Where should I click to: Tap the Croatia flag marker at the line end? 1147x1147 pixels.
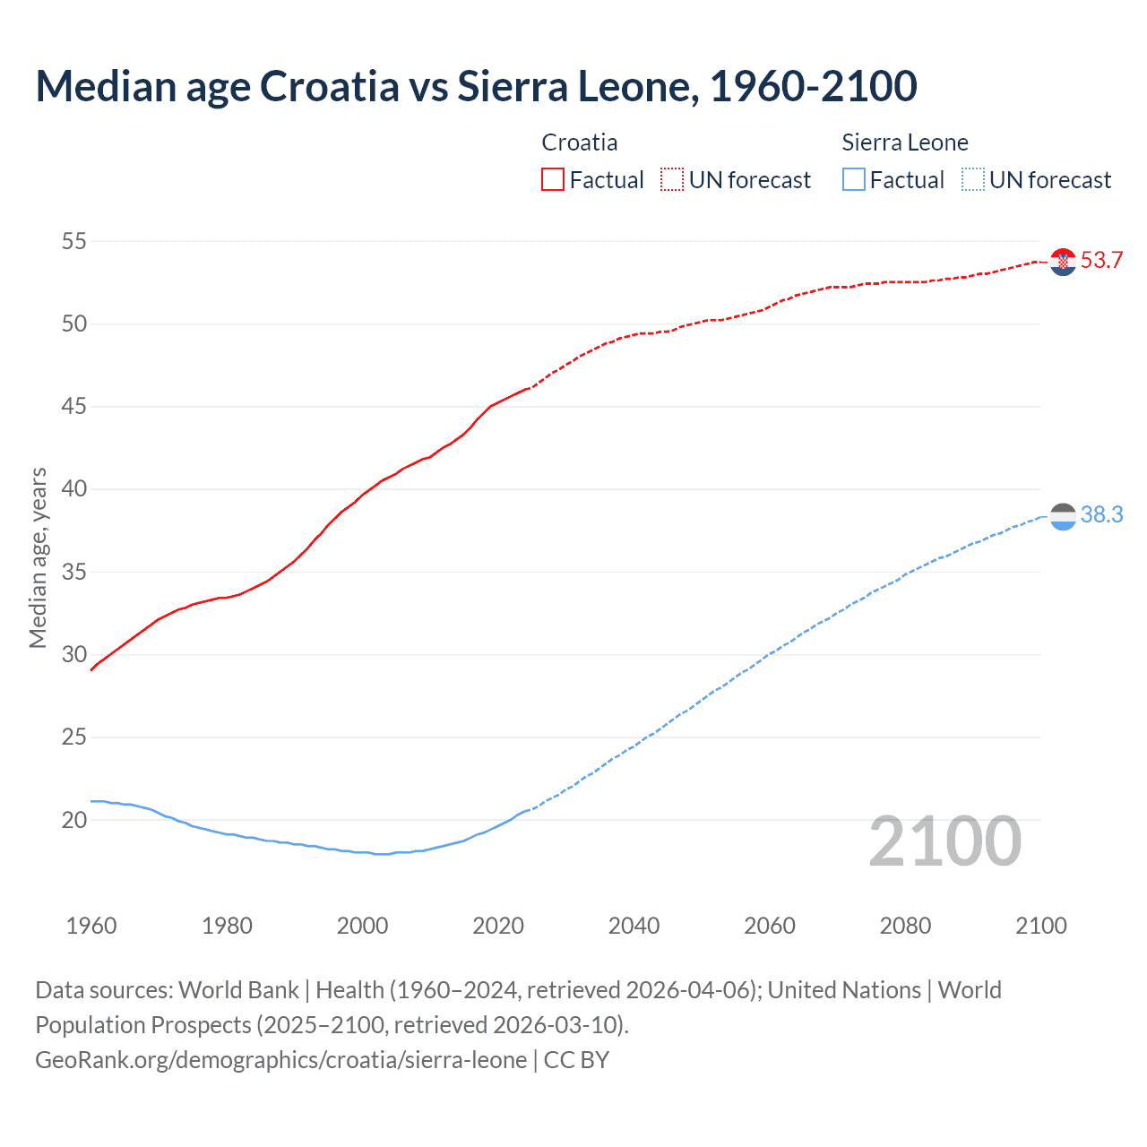click(x=1063, y=262)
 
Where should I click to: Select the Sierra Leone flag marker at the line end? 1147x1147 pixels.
click(x=1063, y=516)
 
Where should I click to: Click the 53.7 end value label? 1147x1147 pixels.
click(x=1101, y=261)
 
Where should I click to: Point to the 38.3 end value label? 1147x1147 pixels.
click(x=1101, y=515)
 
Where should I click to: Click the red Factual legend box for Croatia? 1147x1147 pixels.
click(x=553, y=180)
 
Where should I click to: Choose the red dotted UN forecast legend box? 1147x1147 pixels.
click(x=672, y=180)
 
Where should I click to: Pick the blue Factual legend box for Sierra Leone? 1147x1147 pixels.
click(x=854, y=180)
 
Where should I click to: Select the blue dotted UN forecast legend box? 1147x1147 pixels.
click(x=973, y=180)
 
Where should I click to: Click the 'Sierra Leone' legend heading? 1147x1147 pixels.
click(x=905, y=142)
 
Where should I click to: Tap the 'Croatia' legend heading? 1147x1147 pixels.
click(x=580, y=142)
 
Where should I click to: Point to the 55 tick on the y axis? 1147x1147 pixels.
click(x=74, y=241)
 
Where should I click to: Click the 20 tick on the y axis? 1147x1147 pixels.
click(x=74, y=820)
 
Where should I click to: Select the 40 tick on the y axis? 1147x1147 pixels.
click(x=74, y=489)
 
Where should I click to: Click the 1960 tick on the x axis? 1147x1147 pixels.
click(x=91, y=926)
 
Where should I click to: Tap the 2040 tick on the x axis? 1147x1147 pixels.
click(x=634, y=926)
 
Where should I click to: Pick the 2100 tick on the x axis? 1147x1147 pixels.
click(x=1040, y=926)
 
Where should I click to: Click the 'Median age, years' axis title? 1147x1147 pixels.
click(x=38, y=557)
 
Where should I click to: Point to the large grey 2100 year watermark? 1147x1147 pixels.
click(x=945, y=841)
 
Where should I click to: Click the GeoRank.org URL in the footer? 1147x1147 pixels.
click(x=280, y=1060)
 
